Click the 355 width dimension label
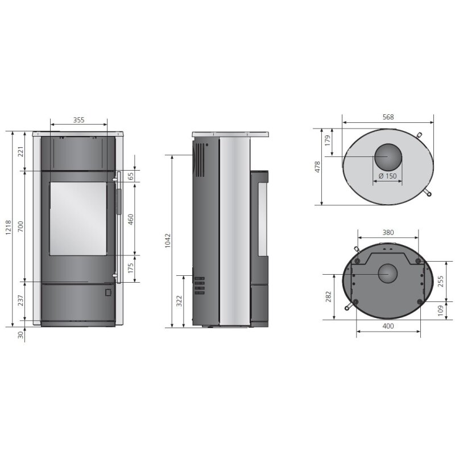point(78,120)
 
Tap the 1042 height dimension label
point(168,241)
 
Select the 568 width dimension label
point(388,117)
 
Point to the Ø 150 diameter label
point(387,176)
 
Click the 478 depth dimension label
point(318,167)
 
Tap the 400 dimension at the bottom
point(388,326)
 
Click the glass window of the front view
point(78,218)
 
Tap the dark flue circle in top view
point(388,156)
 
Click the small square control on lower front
point(107,292)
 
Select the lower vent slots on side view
point(198,286)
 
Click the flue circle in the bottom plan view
point(388,275)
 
